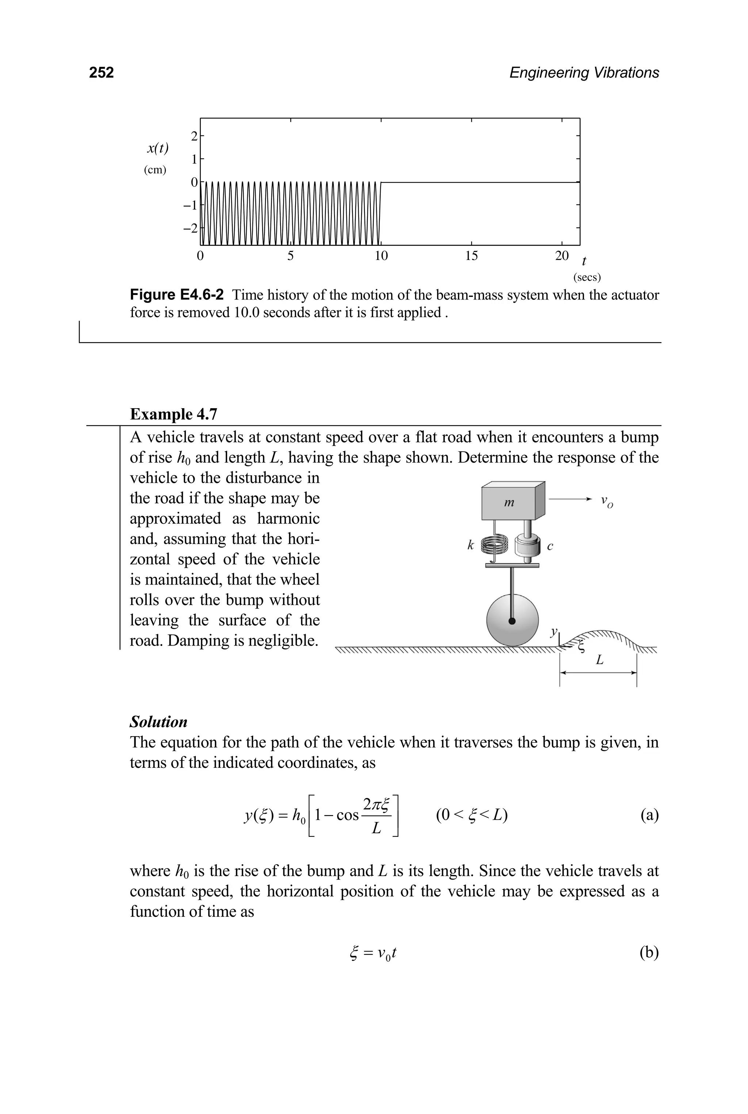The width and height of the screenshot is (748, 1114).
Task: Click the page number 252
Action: [101, 73]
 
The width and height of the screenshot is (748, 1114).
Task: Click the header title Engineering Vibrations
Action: [584, 73]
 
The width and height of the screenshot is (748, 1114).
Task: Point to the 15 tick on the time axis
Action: [471, 256]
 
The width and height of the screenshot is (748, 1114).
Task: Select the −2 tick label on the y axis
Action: [190, 229]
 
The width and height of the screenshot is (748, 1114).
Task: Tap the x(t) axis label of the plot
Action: [157, 148]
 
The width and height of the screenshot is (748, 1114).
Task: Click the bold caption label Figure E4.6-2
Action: [176, 295]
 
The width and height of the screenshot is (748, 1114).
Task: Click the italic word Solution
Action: [159, 721]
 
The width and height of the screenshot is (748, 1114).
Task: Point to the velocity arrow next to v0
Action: [570, 499]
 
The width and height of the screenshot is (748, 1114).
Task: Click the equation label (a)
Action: [649, 815]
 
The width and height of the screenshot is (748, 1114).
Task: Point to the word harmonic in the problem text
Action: [288, 518]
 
